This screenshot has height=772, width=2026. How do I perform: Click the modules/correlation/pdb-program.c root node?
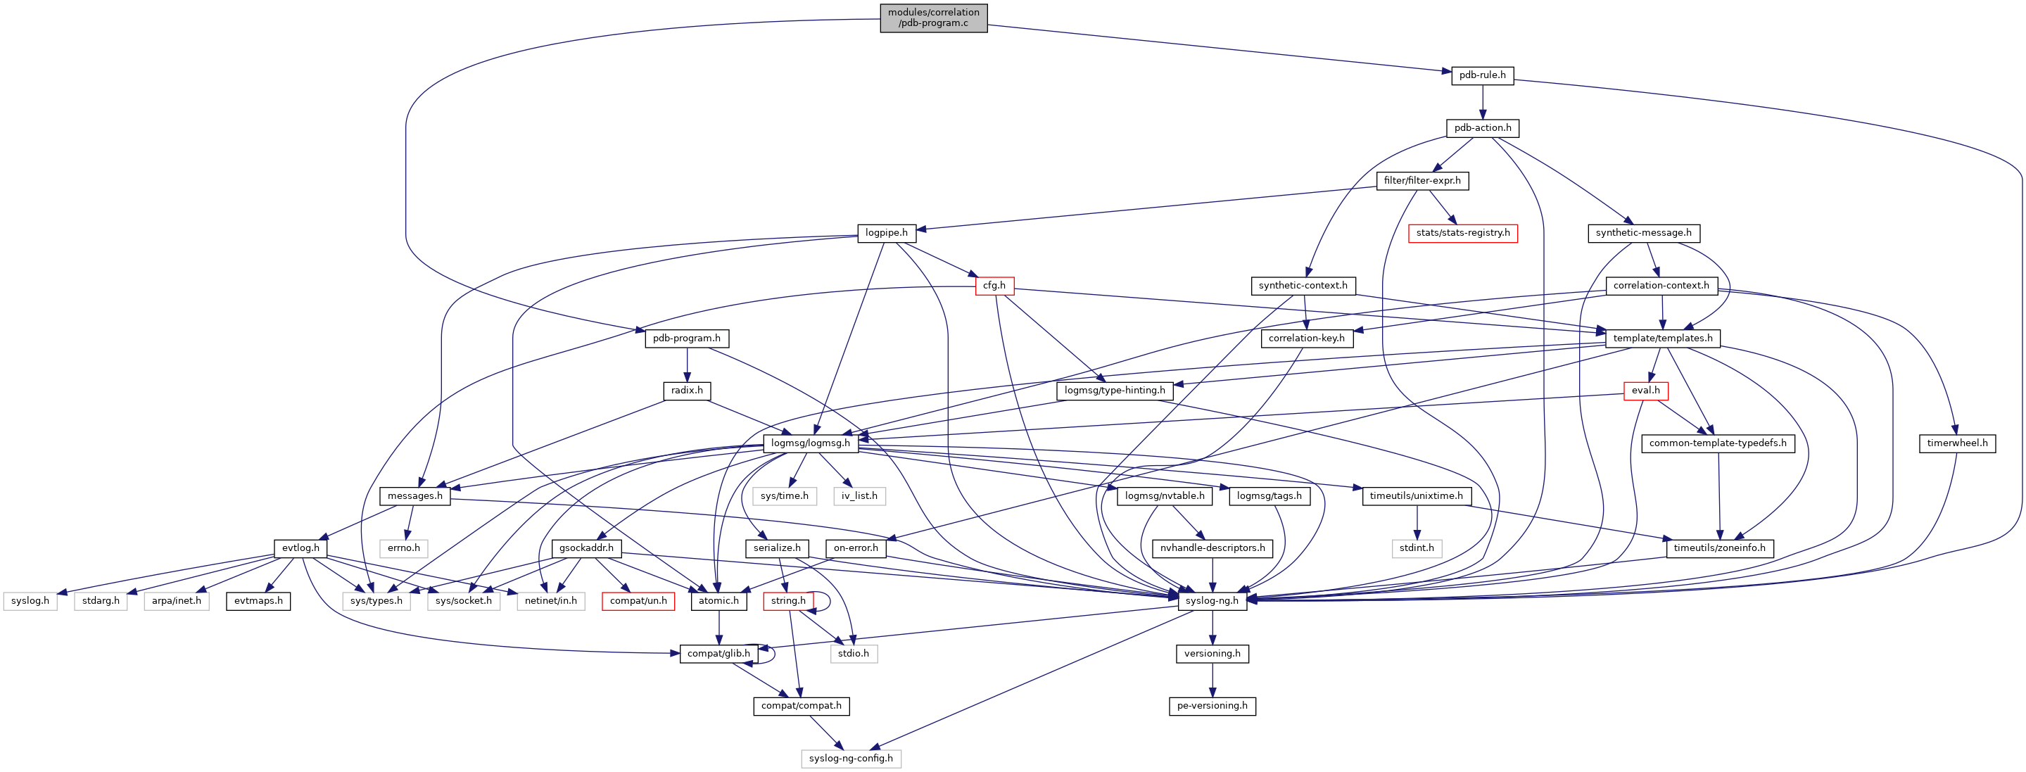point(933,18)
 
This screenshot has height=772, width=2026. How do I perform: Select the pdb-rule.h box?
point(1482,75)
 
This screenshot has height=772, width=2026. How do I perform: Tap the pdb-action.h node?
point(1482,128)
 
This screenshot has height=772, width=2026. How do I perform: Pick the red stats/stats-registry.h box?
point(1462,234)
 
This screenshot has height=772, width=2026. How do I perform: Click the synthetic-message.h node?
point(1643,234)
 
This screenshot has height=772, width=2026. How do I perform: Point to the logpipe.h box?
point(885,234)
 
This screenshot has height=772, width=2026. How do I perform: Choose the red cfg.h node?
point(994,286)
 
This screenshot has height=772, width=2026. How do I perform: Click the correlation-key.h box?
point(1305,338)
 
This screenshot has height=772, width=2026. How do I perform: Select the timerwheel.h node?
point(1957,443)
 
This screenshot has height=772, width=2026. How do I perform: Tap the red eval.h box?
point(1645,391)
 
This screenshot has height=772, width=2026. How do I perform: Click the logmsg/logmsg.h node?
point(810,443)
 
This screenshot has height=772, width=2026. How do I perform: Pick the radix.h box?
point(687,391)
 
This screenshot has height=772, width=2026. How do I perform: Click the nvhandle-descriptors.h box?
point(1212,548)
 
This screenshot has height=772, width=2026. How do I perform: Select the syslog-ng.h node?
point(1211,600)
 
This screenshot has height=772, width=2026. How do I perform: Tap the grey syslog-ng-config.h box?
point(850,759)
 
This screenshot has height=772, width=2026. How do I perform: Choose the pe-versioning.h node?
point(1211,706)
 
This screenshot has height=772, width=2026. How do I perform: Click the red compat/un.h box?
point(638,600)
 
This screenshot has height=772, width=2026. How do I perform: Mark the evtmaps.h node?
point(258,600)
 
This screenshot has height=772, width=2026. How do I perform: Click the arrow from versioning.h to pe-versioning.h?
point(1212,680)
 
